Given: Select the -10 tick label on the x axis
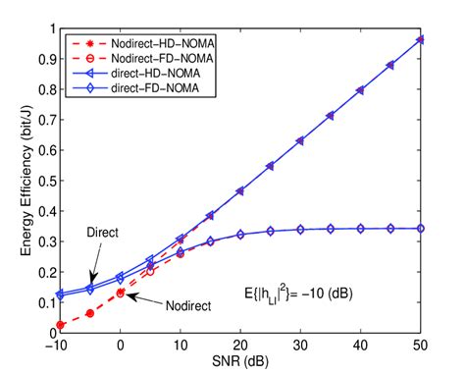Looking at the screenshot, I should pos(58,345).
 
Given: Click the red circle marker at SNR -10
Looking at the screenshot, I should pos(60,325).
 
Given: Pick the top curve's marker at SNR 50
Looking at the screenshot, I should pos(418,40).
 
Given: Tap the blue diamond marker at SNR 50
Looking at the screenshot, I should pos(418,228).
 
